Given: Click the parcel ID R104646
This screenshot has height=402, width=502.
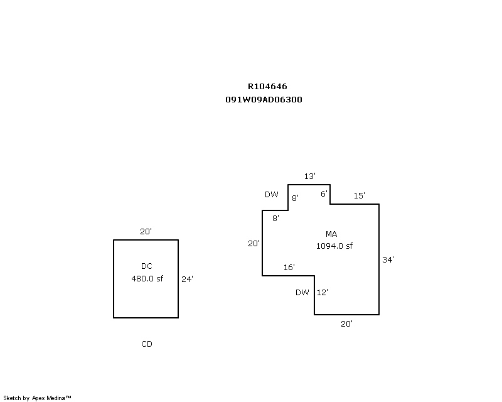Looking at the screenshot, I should [x=267, y=87].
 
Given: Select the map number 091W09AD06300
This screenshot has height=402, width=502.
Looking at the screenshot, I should [x=264, y=99].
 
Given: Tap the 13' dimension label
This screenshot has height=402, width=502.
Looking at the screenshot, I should [x=309, y=177].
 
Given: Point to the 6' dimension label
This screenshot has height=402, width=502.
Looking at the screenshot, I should [x=324, y=194].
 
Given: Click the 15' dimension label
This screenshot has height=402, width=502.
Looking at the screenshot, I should [x=359, y=196].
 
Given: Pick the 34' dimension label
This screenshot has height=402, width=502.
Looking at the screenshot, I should [x=388, y=259].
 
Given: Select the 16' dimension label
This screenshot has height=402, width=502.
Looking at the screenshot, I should [x=289, y=268].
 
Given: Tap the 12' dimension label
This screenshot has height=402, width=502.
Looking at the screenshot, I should [x=323, y=292].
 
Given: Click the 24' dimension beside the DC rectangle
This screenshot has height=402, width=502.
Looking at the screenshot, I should [x=187, y=279].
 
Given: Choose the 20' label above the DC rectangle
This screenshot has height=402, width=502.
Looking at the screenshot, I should [x=146, y=232].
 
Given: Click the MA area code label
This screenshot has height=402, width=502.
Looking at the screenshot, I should [x=331, y=234].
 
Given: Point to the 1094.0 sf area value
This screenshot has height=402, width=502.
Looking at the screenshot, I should [x=334, y=246].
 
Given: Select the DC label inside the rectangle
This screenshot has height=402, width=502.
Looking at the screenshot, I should [x=146, y=266].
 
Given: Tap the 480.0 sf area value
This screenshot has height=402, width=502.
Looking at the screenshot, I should [x=146, y=279].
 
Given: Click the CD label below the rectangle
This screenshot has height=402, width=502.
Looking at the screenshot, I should [x=146, y=344].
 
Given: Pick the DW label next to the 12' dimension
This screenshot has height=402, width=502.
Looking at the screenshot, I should [x=302, y=292].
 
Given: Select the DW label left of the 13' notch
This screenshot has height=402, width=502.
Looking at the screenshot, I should [x=271, y=195].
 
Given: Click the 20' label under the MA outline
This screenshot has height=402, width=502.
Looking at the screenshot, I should [x=346, y=323].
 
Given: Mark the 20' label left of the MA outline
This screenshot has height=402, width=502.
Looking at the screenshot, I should [x=254, y=244].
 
